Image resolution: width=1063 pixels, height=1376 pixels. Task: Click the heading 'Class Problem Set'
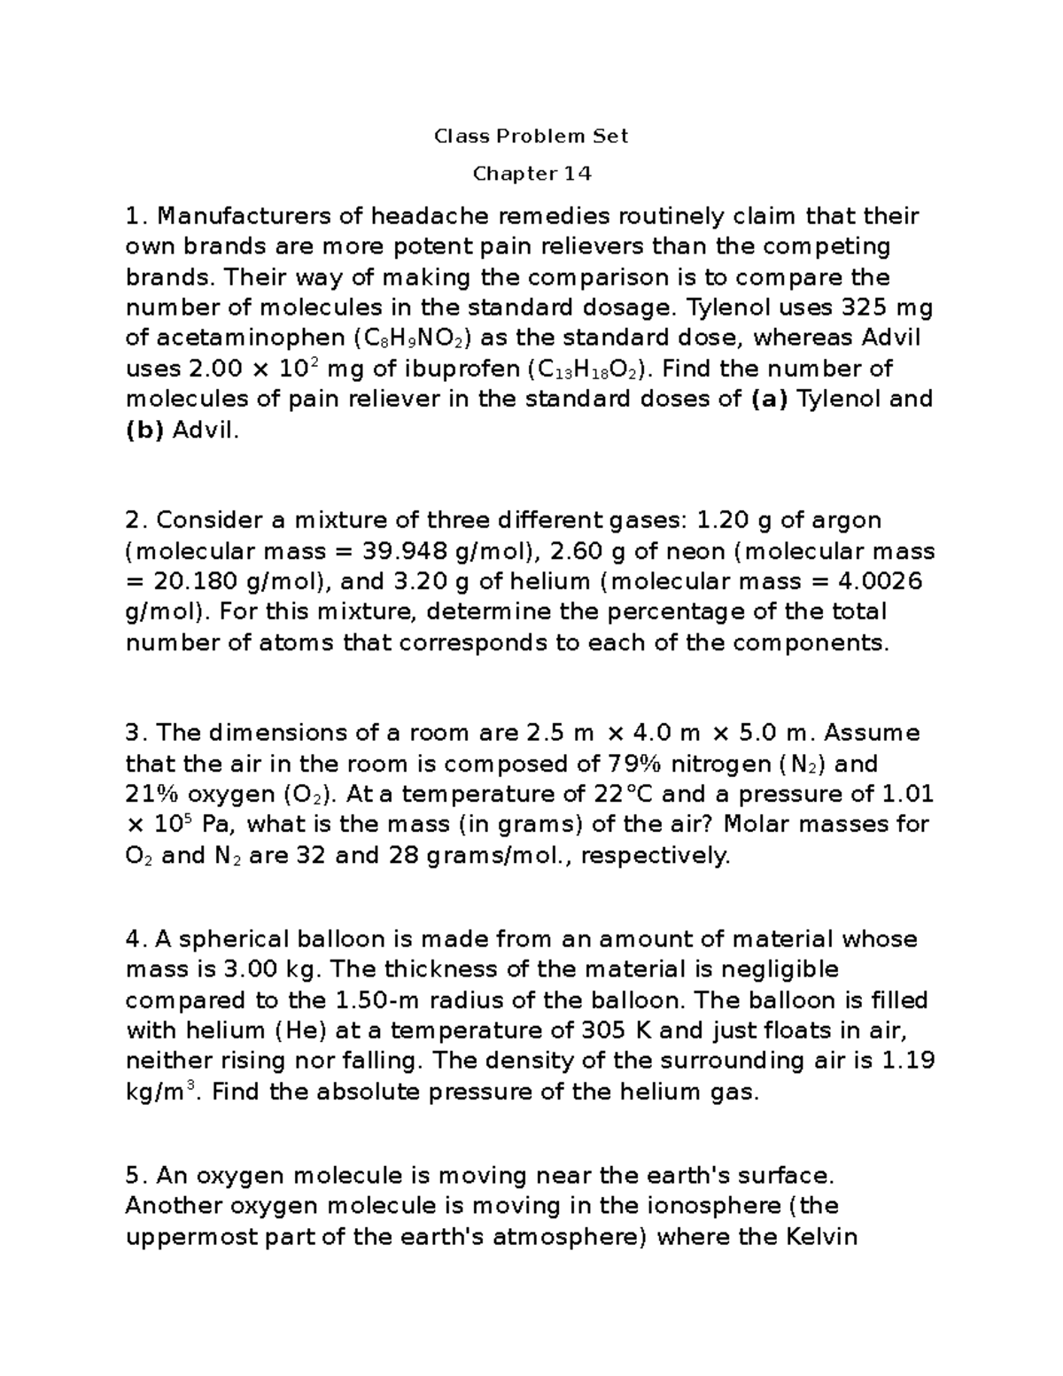[531, 136]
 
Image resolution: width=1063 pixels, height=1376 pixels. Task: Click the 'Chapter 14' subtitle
[531, 174]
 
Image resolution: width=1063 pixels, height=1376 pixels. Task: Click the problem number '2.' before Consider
[136, 520]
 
